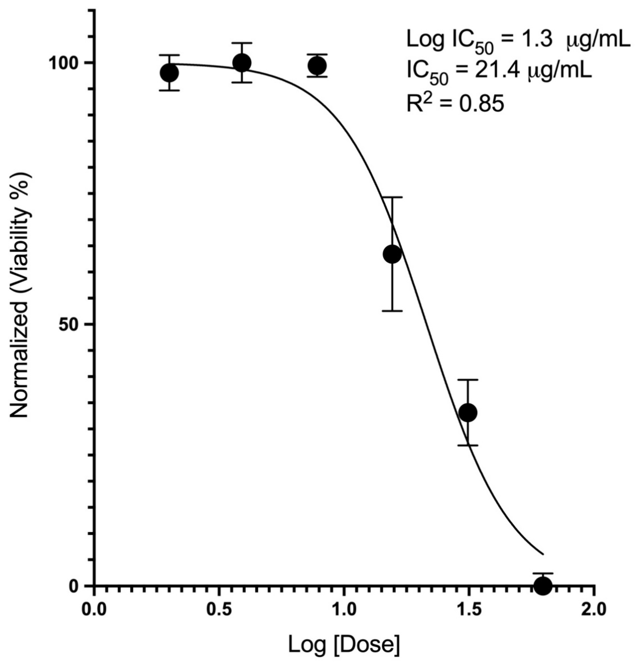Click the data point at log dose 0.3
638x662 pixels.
click(169, 73)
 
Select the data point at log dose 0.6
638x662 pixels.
click(242, 63)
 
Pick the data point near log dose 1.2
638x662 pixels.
click(392, 254)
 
